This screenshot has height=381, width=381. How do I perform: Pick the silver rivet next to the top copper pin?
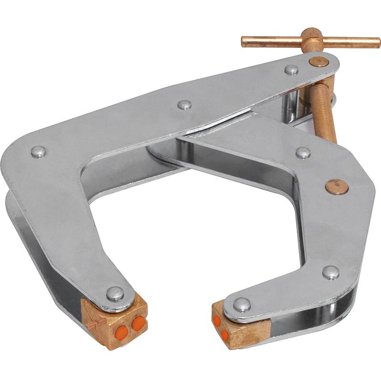pyautogui.click(x=291, y=70)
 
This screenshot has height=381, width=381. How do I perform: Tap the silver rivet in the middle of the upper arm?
pyautogui.click(x=184, y=104)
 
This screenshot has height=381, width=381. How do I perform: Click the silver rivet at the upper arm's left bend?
pyautogui.click(x=38, y=151)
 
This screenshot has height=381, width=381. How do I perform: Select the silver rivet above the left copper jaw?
pyautogui.click(x=114, y=293)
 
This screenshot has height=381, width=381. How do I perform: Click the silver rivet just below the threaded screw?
pyautogui.click(x=303, y=152)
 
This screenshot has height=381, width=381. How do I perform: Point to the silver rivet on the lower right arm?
pyautogui.click(x=331, y=272)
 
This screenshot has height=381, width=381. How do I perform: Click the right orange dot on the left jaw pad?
pyautogui.click(x=138, y=324)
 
